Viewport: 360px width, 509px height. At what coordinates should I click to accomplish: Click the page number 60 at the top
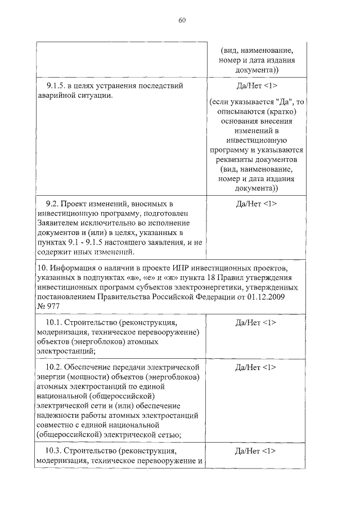click(x=182, y=21)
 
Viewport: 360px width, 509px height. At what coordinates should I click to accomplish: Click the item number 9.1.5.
click(x=55, y=85)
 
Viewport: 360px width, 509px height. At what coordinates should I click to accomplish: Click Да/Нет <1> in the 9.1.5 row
click(x=256, y=85)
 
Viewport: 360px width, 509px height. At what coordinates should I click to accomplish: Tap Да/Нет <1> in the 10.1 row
click(x=256, y=322)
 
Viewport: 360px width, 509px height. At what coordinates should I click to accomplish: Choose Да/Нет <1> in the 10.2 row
click(x=256, y=367)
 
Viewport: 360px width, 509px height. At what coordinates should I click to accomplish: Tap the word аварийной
click(x=56, y=96)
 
